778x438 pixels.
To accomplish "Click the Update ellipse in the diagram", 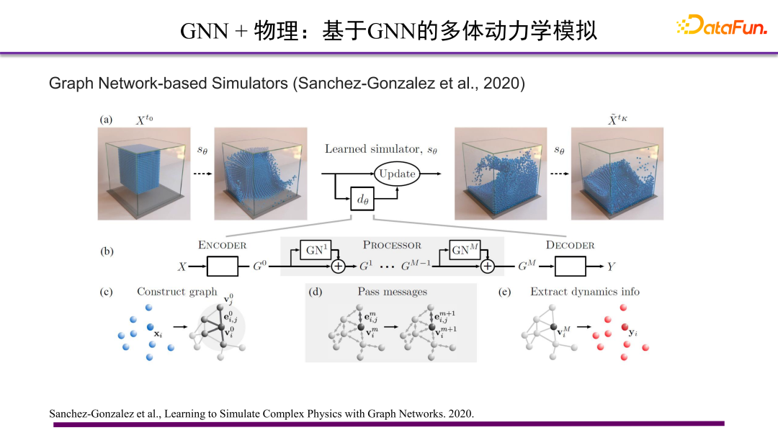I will pyautogui.click(x=397, y=174).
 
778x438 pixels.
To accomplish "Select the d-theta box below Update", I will pyautogui.click(x=363, y=198).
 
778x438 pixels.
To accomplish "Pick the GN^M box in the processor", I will pyautogui.click(x=465, y=251).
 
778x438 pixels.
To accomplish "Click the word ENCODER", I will pyautogui.click(x=222, y=245).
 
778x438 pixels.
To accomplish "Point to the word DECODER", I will pyautogui.click(x=570, y=245).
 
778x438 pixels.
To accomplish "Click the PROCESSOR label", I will pyautogui.click(x=392, y=245).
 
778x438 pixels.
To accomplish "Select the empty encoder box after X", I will pyautogui.click(x=223, y=267).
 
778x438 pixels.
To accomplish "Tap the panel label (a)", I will pyautogui.click(x=107, y=120).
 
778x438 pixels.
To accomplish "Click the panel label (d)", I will pyautogui.click(x=316, y=292).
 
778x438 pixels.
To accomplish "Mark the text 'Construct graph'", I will pyautogui.click(x=177, y=292).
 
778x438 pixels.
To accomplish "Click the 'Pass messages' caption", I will pyautogui.click(x=392, y=292).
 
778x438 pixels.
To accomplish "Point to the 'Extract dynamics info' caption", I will pyautogui.click(x=584, y=292).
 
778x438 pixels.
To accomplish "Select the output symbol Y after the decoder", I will pyautogui.click(x=611, y=267).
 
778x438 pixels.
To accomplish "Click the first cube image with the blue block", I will pyautogui.click(x=146, y=174).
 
